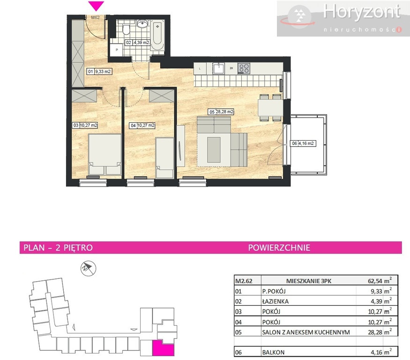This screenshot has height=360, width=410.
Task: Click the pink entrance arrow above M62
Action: click(96, 6)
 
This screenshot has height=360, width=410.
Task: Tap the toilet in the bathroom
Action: click(126, 30)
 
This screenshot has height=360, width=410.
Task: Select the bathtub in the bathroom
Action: click(157, 36)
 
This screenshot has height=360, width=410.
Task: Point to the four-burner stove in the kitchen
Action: click(244, 68)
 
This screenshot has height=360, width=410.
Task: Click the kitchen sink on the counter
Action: click(218, 68)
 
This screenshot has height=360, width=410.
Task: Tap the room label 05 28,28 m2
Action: click(221, 112)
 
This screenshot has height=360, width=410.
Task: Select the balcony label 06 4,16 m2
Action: click(303, 143)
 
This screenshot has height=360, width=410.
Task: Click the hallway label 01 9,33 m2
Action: click(99, 71)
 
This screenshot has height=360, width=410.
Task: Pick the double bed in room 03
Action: click(105, 154)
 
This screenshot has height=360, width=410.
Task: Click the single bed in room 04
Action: click(164, 158)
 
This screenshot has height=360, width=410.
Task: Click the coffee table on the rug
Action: click(214, 150)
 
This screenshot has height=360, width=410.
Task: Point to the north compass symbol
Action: click(88, 268)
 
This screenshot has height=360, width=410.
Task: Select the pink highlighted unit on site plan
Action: click(164, 348)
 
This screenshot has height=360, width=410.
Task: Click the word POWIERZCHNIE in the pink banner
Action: click(279, 248)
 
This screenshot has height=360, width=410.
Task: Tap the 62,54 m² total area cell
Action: click(380, 281)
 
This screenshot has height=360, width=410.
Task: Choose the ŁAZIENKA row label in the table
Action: click(276, 301)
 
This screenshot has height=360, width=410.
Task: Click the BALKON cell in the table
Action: click(273, 352)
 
